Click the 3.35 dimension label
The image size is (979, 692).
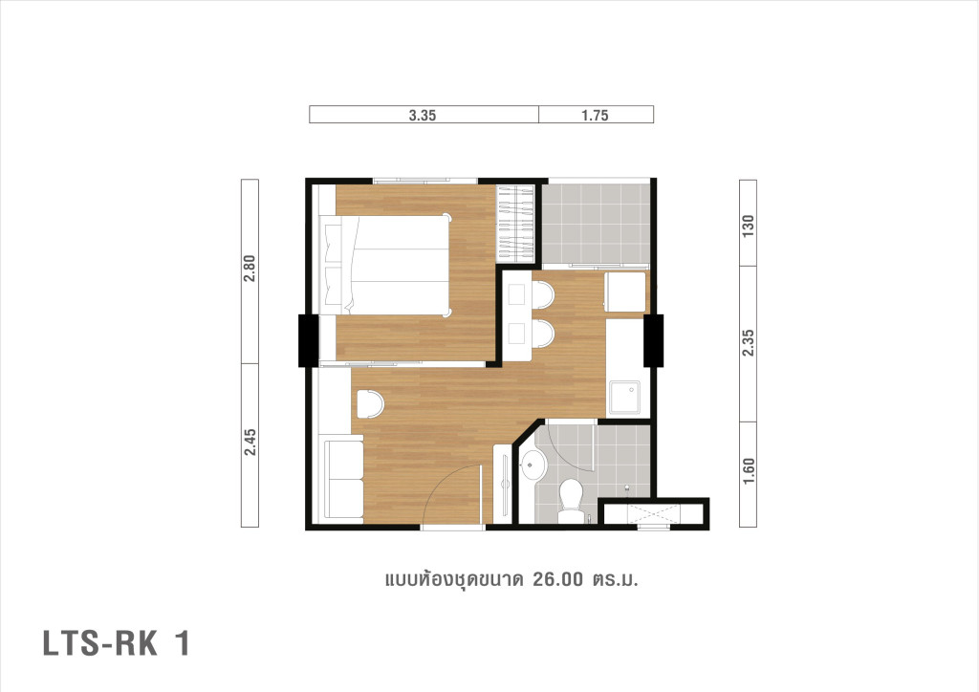coord(423,116)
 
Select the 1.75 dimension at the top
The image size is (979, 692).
coord(595,116)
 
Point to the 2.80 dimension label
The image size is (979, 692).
coord(250,271)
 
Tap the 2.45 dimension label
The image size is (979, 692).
coord(250,445)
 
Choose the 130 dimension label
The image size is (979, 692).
coord(749,225)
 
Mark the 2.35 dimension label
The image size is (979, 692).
coord(749,344)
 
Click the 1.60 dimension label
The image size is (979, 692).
coord(749,472)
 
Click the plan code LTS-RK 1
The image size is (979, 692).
coord(116,643)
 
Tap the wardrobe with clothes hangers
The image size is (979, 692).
coord(517,223)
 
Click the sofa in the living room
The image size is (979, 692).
coord(343,478)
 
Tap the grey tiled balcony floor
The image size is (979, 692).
coord(596,222)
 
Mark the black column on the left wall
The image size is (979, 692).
coord(308,340)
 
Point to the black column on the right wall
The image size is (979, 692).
coord(654,340)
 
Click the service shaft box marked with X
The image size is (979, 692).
coord(654,513)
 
